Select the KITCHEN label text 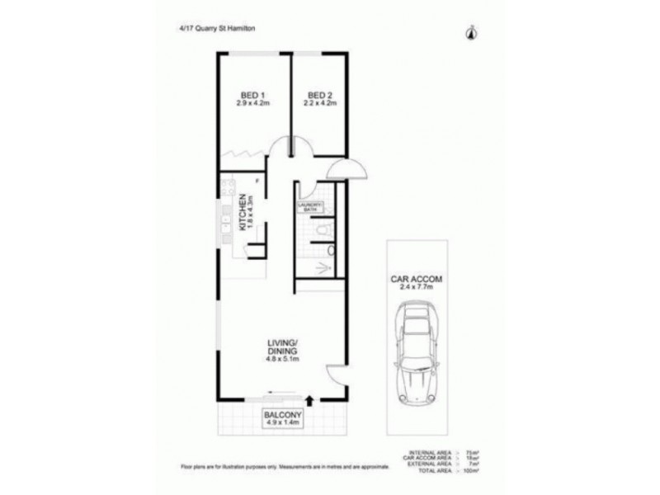pyautogui.click(x=243, y=213)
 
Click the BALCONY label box pyautogui.click(x=282, y=417)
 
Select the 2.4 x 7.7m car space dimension pyautogui.click(x=417, y=289)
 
